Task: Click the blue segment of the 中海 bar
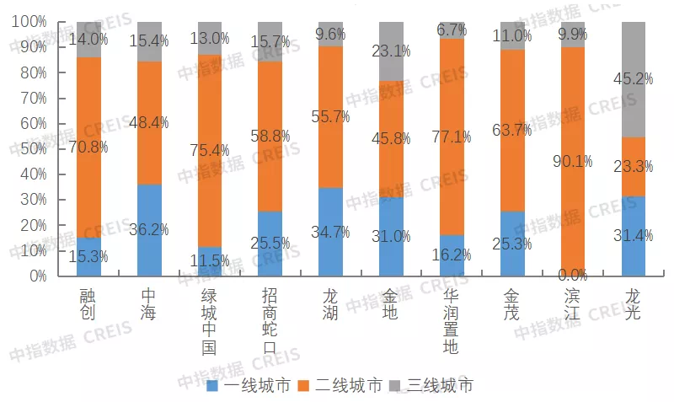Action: point(150,229)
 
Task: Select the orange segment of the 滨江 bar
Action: point(574,160)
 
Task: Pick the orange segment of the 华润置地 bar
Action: point(452,137)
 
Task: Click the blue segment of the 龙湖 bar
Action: point(331,231)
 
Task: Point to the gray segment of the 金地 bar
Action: point(392,51)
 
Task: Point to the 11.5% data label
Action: point(211,260)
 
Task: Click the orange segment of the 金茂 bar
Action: point(513,130)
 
